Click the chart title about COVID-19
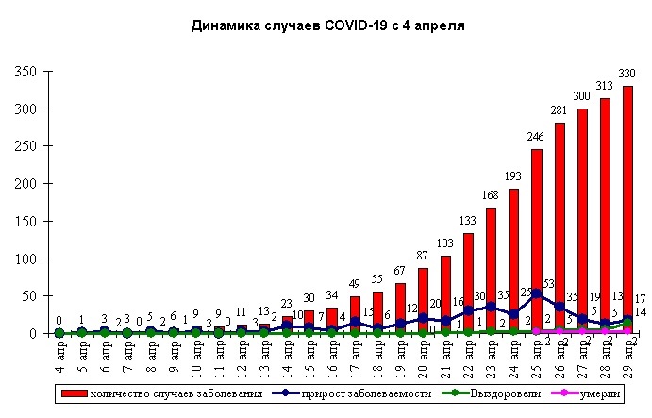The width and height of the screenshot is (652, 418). point(327,25)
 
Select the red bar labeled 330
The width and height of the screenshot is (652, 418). point(627,209)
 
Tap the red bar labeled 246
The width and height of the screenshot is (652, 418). point(537,241)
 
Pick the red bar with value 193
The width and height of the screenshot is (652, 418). point(514,260)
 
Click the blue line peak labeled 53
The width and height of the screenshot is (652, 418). point(537,293)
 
